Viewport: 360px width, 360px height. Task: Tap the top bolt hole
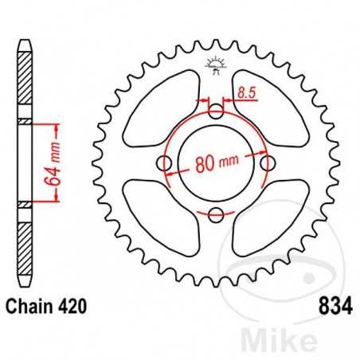click(215, 112)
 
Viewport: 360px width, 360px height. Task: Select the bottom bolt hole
click(215, 213)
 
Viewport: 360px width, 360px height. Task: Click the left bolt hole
click(165, 163)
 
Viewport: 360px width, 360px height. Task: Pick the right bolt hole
click(265, 163)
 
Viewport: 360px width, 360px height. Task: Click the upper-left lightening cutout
click(163, 109)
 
